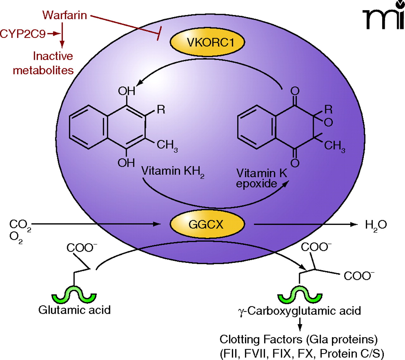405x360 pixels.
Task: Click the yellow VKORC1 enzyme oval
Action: click(207, 42)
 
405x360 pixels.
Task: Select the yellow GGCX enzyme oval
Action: click(207, 224)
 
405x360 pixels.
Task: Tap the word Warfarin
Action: click(65, 15)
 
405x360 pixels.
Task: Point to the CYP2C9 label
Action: click(23, 34)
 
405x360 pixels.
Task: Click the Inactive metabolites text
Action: click(43, 63)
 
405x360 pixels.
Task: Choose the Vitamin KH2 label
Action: click(172, 171)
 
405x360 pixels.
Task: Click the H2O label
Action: click(376, 225)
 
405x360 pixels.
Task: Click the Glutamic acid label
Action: click(75, 310)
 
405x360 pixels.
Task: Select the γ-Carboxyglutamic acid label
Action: click(299, 311)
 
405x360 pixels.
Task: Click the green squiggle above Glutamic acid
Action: click(74, 294)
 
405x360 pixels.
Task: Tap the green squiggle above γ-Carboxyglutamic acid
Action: click(300, 294)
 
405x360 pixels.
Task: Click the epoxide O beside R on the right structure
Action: click(328, 122)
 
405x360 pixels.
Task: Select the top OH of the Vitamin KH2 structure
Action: click(127, 91)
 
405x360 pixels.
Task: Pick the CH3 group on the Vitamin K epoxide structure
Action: click(334, 146)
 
